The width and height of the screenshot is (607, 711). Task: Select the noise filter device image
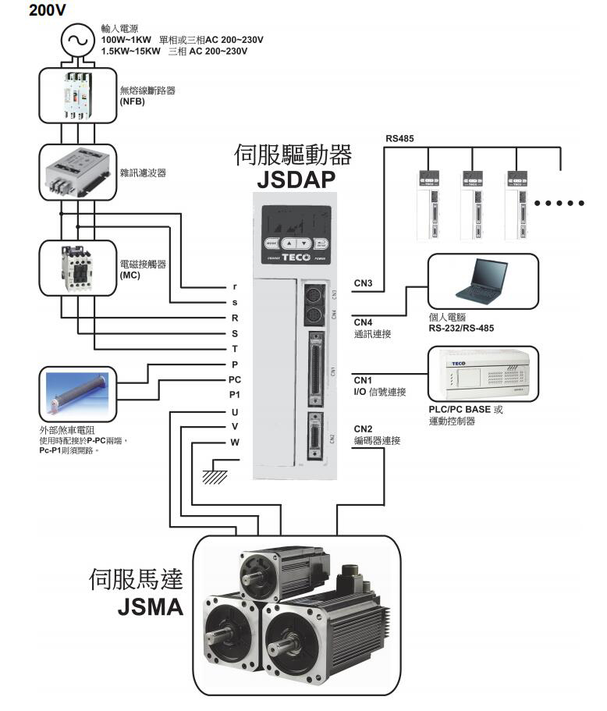tap(77, 170)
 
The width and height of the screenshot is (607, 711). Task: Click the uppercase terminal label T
tap(235, 348)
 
